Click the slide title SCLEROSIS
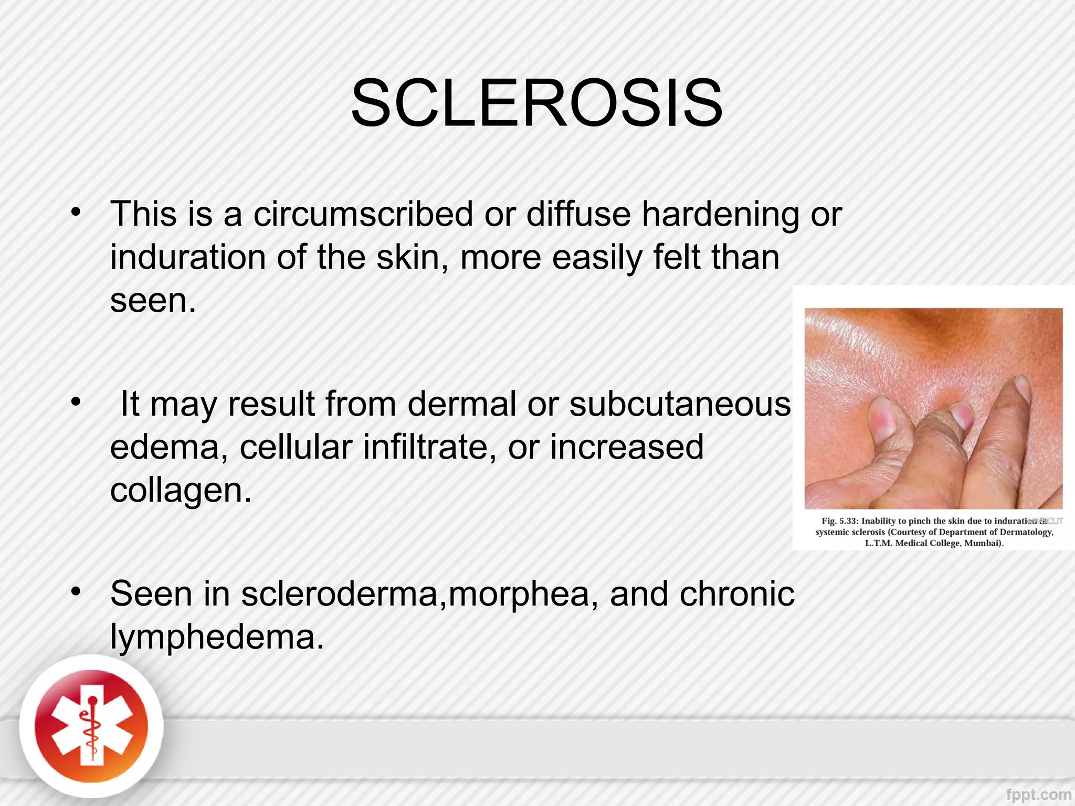[536, 103]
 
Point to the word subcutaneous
[680, 404]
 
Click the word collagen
[181, 490]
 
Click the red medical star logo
[91, 727]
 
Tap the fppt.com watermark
[1038, 795]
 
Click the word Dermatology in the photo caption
[1027, 532]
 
